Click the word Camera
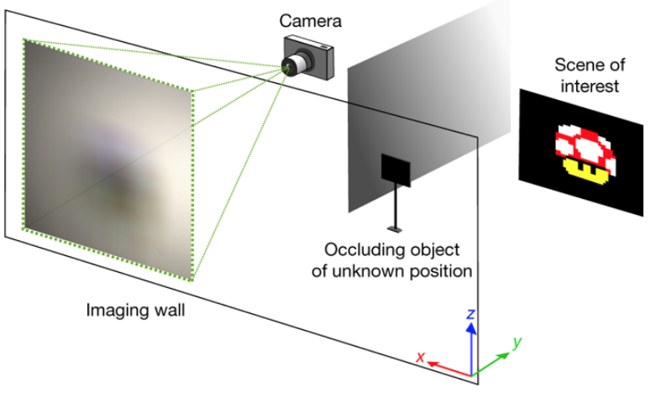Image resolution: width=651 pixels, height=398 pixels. [x=310, y=21]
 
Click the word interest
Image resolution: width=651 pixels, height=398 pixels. [x=590, y=86]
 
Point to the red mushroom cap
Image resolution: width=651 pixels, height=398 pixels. [x=585, y=144]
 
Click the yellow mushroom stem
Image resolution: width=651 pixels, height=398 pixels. [x=584, y=170]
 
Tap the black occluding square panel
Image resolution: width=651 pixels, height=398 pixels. [x=396, y=170]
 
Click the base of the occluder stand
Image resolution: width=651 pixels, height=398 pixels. [x=395, y=228]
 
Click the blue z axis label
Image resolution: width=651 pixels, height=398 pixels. [x=470, y=313]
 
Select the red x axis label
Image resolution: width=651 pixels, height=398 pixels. [x=421, y=357]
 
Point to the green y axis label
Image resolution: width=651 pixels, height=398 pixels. [x=517, y=343]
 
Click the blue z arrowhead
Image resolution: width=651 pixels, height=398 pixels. [x=470, y=328]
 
